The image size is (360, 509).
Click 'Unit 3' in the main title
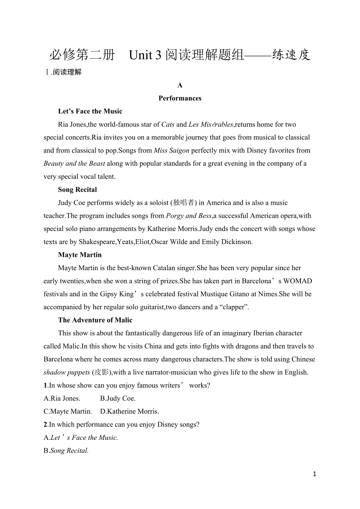click(145, 55)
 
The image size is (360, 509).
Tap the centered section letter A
click(180, 85)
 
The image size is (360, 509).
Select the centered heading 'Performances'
click(180, 98)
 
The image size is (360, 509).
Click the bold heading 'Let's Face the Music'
click(90, 111)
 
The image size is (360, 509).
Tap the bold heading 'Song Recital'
click(77, 190)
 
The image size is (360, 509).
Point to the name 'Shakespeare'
click(97, 242)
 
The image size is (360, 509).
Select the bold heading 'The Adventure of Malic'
click(95, 320)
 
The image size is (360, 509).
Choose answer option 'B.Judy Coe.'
click(118, 399)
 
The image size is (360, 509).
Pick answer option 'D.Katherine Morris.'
click(130, 412)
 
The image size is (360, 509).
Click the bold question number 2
click(45, 425)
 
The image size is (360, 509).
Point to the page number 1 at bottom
click(315, 474)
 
